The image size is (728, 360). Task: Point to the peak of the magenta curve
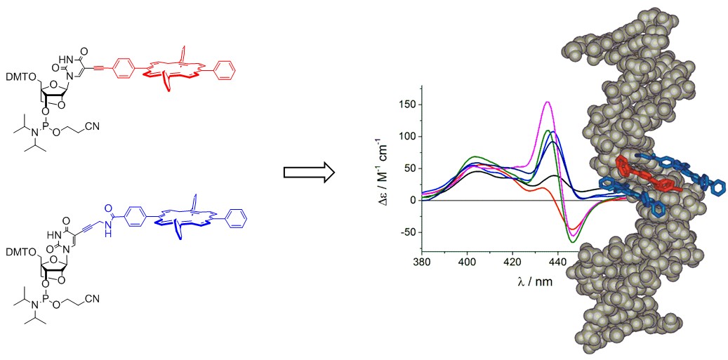548,102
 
